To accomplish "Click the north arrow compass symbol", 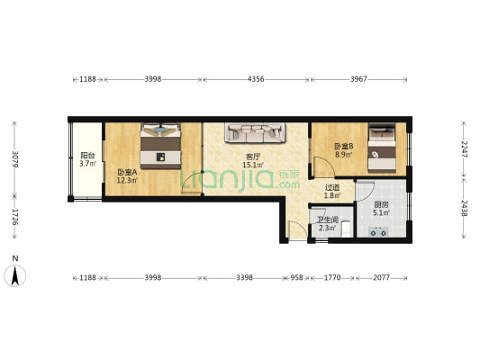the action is point(14,275).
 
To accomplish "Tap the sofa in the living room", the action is point(255,132).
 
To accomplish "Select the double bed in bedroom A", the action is point(160,146).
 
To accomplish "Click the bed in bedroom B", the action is point(382,148).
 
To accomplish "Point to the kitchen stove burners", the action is point(378,232).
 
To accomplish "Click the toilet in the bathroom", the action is point(346,229).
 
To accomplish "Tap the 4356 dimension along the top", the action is point(256,79).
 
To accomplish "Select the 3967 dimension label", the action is point(358,79).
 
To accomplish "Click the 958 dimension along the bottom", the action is point(296,277).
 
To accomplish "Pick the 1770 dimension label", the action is point(332,277).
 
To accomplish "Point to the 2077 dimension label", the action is point(382,277).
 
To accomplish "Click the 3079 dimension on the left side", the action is point(14,159).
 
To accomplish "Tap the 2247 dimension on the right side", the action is point(464,149).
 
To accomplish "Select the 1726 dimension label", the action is point(14,217).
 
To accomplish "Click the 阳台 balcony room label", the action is point(87,156).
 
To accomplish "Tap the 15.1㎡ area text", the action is point(253,166).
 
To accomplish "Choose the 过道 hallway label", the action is point(332,187).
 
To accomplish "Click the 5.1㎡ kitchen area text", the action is point(381,212).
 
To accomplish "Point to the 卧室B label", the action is point(343,146).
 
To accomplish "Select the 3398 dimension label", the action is point(245,277).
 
